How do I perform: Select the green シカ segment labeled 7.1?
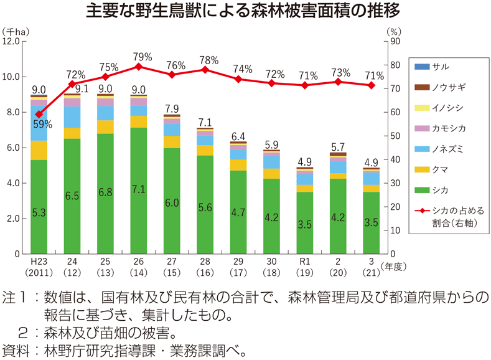point(139,191)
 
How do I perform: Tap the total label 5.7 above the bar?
point(338,147)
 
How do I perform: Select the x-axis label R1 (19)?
point(304,267)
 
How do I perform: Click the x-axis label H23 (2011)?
point(39,267)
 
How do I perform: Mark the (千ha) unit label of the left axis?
point(16,30)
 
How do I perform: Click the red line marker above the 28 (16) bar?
point(205,69)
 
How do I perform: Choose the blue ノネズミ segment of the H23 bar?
point(39,123)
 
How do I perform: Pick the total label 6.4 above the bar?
point(238,136)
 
